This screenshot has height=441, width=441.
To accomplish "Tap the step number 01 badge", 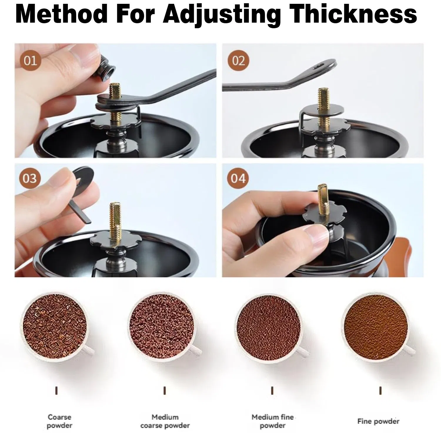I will [30, 61].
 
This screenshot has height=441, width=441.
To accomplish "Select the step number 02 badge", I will [238, 61].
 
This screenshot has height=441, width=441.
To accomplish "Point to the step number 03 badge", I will [30, 178].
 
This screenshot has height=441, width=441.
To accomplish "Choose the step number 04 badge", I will [238, 178].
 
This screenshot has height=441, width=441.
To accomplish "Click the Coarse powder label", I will [59, 421].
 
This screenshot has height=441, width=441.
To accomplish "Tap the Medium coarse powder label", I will [165, 421].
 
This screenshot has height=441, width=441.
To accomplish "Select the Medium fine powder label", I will [273, 421].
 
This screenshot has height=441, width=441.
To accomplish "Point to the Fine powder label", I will [378, 421].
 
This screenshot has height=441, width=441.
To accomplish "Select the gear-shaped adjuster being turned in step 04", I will [325, 213].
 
